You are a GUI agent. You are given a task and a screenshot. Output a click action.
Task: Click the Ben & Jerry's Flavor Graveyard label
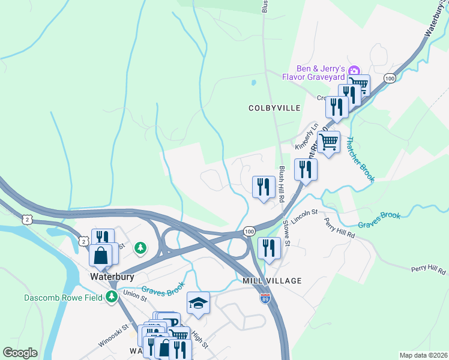click(x=320, y=73)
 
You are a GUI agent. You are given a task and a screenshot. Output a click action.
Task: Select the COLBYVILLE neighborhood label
click(x=274, y=108)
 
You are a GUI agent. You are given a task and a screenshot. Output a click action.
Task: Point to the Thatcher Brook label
click(x=360, y=159)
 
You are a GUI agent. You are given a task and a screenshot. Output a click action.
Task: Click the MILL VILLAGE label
click(x=272, y=281)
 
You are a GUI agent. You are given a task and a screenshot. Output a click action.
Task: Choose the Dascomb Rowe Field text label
click(x=56, y=297)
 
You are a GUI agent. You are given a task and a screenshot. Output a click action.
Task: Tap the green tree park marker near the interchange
click(x=140, y=247)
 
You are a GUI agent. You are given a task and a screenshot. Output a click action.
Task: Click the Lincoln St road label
click(x=305, y=213)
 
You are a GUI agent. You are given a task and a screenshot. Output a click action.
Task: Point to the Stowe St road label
click(x=286, y=235)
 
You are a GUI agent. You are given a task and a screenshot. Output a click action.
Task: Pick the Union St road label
click(x=134, y=294)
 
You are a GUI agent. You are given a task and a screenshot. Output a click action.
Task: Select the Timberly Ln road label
click(x=306, y=137)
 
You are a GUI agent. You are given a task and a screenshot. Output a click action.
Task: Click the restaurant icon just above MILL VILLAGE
click(x=269, y=248)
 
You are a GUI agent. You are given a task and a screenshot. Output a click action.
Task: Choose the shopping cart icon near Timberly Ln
click(x=328, y=143)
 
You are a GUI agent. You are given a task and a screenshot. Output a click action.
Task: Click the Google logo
click(x=20, y=353)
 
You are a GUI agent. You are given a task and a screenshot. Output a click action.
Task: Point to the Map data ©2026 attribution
click(x=423, y=355)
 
